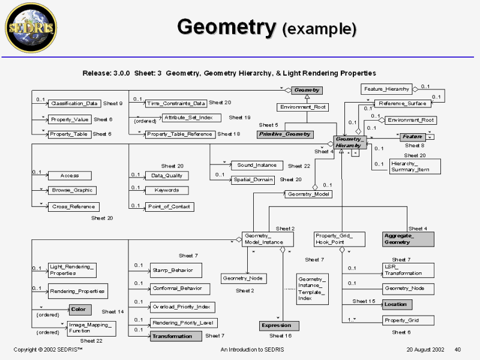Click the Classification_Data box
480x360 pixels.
click(x=74, y=103)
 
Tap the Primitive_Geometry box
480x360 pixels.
click(x=285, y=134)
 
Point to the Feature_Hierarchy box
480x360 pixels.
click(x=386, y=89)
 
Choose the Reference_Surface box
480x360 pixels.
click(x=401, y=103)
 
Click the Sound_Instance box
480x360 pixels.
click(x=256, y=165)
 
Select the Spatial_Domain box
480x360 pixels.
click(x=253, y=179)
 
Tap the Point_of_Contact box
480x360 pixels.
click(x=169, y=206)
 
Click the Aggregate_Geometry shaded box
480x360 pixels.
click(x=407, y=239)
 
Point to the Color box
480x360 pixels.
click(x=78, y=310)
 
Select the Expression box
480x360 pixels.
click(x=279, y=325)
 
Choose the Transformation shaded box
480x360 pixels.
click(x=175, y=336)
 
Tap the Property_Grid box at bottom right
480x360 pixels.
click(x=401, y=320)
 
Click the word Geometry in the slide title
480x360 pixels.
click(x=226, y=27)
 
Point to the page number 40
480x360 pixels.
click(x=457, y=349)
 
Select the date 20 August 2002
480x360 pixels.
click(x=425, y=349)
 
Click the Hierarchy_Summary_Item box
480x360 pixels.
click(x=415, y=166)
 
